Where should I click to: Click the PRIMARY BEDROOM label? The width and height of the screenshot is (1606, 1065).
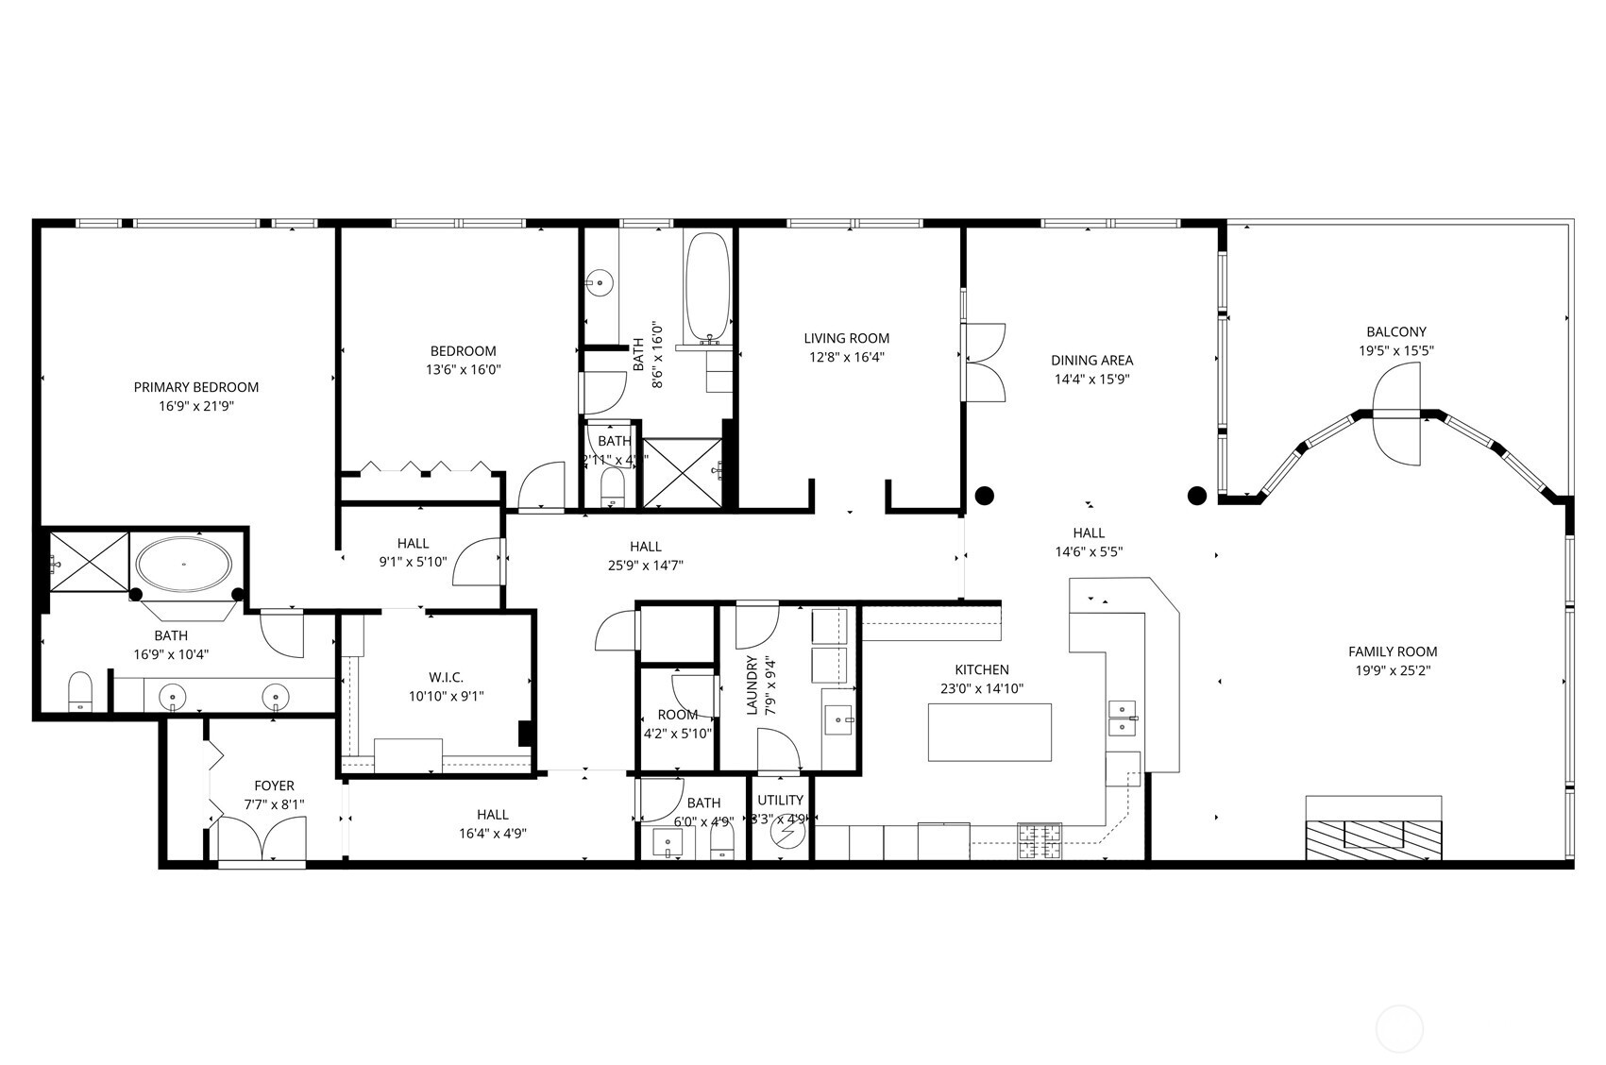(195, 387)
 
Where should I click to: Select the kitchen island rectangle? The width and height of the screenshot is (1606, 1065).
(989, 732)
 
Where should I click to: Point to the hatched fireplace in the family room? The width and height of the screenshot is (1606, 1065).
(1374, 838)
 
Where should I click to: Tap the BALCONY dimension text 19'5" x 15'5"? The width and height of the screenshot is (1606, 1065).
(1396, 350)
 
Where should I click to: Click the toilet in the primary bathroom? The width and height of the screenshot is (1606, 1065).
(80, 691)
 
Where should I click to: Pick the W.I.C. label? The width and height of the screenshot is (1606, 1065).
(446, 677)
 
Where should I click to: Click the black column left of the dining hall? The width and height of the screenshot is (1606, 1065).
(985, 495)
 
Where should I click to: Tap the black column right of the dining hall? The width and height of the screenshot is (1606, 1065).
(1196, 495)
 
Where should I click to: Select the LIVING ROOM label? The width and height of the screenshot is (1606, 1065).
(846, 338)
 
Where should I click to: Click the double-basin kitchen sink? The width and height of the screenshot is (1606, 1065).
(1122, 718)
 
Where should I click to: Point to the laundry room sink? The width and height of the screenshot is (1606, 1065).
(838, 718)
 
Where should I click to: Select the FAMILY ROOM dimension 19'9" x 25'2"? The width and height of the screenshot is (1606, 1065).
(1393, 670)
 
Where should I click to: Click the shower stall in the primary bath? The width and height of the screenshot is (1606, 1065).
(88, 562)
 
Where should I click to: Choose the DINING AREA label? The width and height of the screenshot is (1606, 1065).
(1091, 360)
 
